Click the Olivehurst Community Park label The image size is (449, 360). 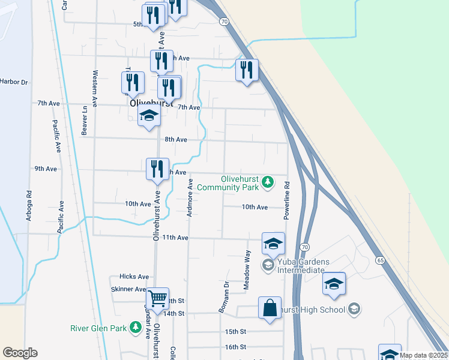click(x=231, y=184)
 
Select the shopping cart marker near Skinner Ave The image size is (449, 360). click(x=157, y=298)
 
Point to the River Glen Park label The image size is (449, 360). click(x=99, y=328)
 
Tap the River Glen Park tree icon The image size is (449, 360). click(x=136, y=326)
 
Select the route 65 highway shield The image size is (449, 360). click(x=380, y=260)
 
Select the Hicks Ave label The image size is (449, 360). click(x=134, y=277)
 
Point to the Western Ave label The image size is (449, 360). click(x=95, y=84)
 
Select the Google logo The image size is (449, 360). click(x=20, y=353)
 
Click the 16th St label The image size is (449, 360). click(x=235, y=347)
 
